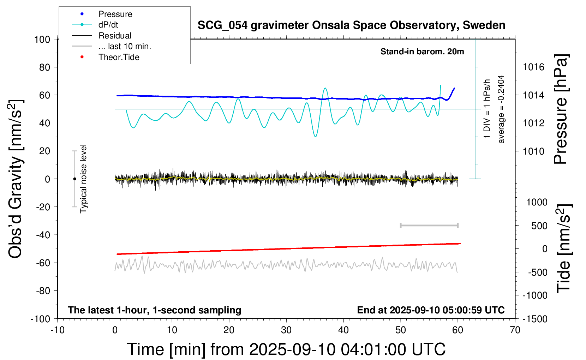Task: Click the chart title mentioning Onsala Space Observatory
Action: tap(351, 25)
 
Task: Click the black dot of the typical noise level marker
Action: tap(74, 179)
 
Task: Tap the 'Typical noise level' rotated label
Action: tap(83, 179)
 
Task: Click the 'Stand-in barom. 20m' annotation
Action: tap(422, 52)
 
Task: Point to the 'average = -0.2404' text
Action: tap(501, 109)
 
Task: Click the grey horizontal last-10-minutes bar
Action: tap(429, 225)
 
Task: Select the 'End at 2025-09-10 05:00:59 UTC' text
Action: tap(431, 310)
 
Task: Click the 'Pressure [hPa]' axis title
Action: tap(561, 109)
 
